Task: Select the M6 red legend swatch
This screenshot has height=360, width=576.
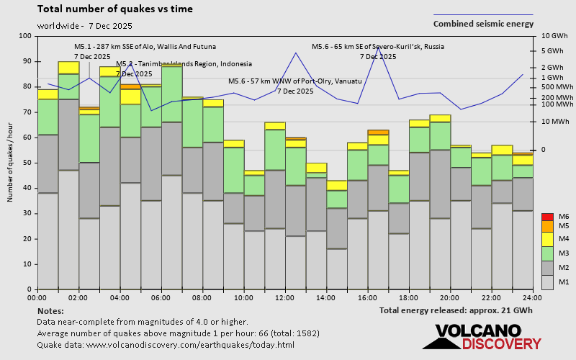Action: (x=548, y=216)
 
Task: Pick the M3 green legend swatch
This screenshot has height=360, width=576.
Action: (x=548, y=252)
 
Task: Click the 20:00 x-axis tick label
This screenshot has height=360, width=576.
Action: (x=450, y=297)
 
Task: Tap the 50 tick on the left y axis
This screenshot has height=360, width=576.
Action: (x=26, y=163)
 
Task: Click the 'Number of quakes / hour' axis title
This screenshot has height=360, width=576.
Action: (x=10, y=162)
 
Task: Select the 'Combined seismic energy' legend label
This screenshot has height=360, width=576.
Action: (x=483, y=24)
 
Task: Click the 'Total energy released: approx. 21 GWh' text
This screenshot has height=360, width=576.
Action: (x=456, y=310)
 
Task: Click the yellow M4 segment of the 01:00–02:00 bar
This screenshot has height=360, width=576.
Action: (x=68, y=68)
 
